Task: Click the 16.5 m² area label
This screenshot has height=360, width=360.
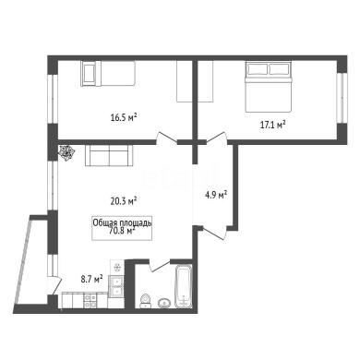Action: coord(124,117)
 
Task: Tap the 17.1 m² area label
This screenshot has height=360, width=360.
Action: coord(273,125)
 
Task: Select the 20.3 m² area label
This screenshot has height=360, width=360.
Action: coord(124,201)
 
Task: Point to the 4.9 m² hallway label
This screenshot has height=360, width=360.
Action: coord(216,195)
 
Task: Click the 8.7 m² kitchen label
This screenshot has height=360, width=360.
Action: coord(91,279)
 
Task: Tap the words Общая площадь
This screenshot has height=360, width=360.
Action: coord(122,222)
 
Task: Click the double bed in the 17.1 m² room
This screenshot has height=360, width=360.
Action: coord(268,87)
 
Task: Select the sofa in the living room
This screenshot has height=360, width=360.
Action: coord(109,156)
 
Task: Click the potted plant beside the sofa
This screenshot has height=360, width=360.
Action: coord(66,152)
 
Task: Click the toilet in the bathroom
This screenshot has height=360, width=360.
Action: coord(146,301)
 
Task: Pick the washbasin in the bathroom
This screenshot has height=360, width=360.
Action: coord(165,303)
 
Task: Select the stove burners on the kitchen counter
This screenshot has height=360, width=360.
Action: coord(90,301)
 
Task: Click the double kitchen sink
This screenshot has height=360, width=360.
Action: coord(117,287)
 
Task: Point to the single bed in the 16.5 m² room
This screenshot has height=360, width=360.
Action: coord(108,73)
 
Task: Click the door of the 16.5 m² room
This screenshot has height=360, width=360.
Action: coord(166,138)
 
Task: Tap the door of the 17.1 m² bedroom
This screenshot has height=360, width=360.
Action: coord(217,138)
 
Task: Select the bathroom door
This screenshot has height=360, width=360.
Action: coord(160,266)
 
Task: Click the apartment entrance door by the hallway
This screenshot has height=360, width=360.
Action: coord(215,233)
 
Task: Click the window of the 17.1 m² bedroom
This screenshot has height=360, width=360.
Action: coord(341,98)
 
